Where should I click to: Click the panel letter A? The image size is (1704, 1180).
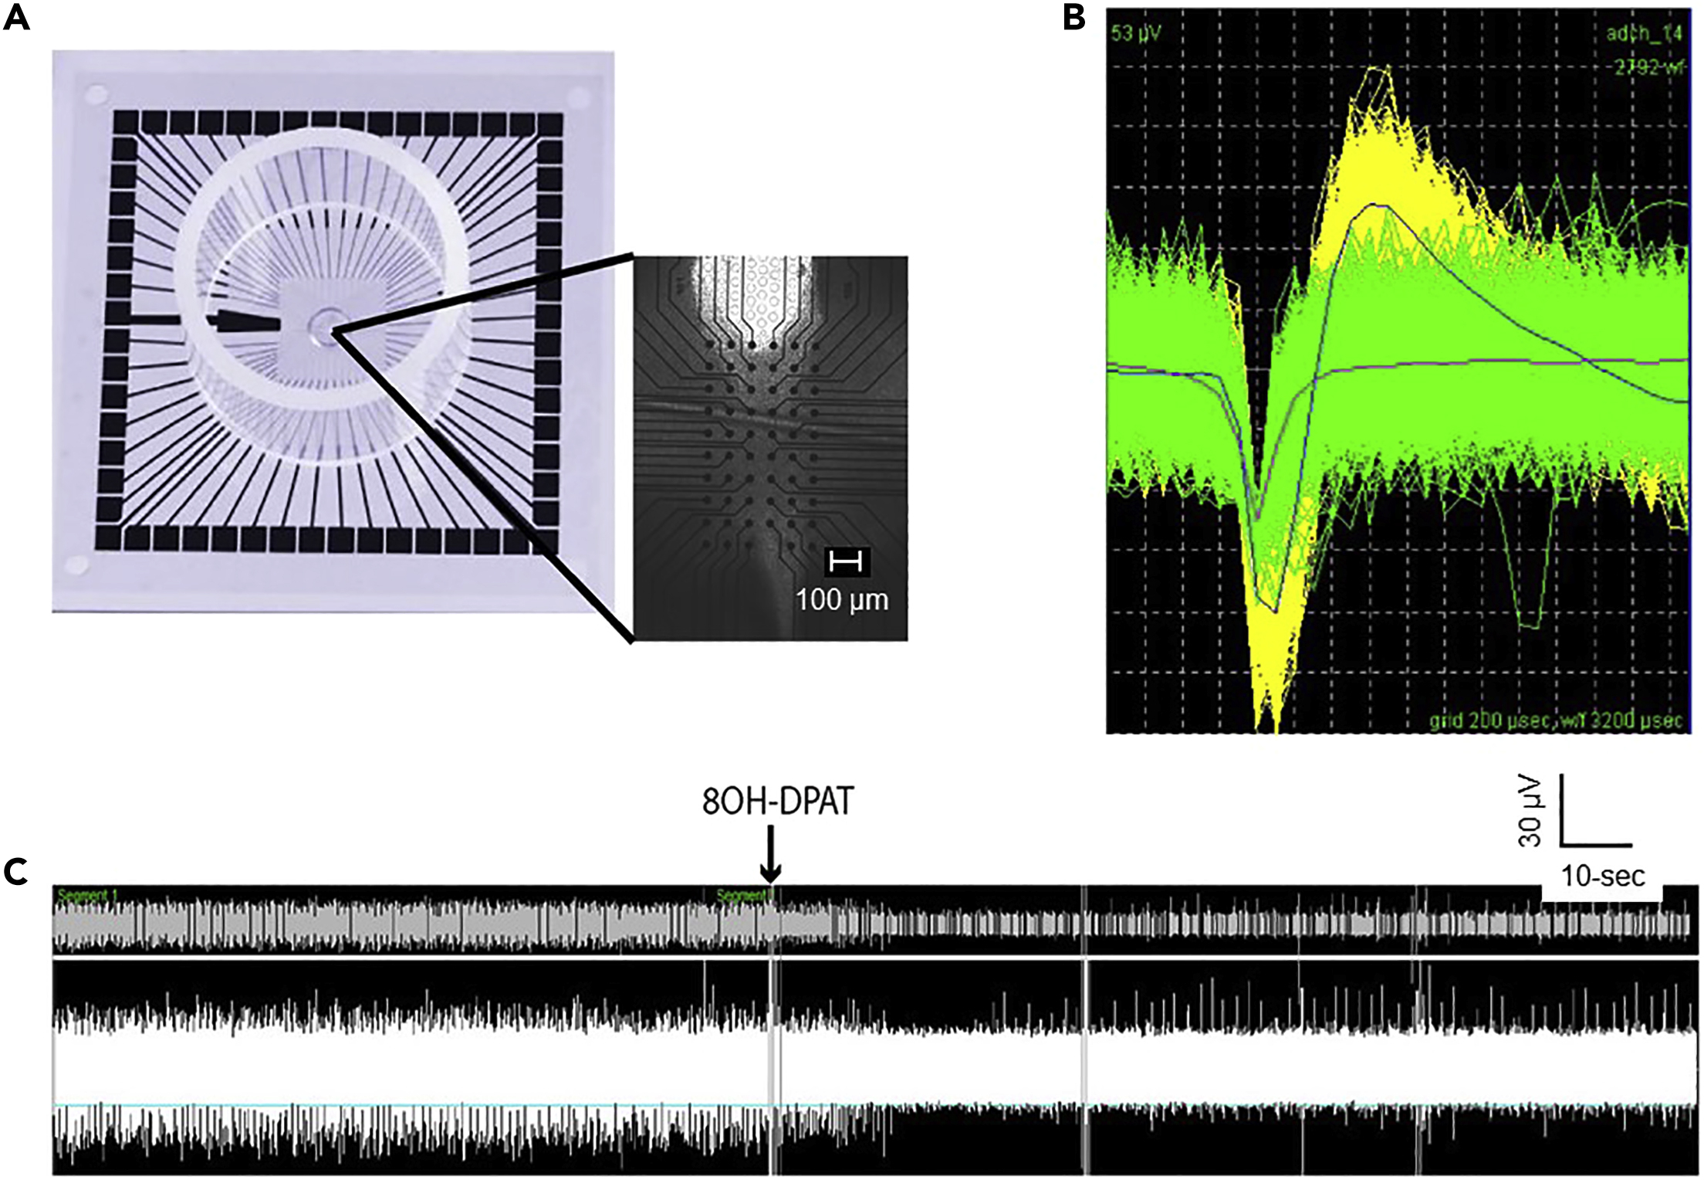pyautogui.click(x=17, y=17)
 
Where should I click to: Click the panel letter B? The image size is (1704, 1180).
pyautogui.click(x=1074, y=17)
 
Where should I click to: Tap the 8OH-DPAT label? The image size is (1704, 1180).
pyautogui.click(x=777, y=802)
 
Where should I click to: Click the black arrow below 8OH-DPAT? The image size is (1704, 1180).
pyautogui.click(x=770, y=854)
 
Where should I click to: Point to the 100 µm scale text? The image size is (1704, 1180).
pyautogui.click(x=842, y=600)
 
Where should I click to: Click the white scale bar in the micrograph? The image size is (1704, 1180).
pyautogui.click(x=846, y=561)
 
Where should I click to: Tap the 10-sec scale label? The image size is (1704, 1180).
pyautogui.click(x=1603, y=877)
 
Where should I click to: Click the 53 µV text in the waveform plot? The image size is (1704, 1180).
pyautogui.click(x=1135, y=33)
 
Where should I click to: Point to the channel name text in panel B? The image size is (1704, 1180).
pyautogui.click(x=1647, y=33)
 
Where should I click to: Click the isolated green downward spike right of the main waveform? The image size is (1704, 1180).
pyautogui.click(x=1528, y=610)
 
